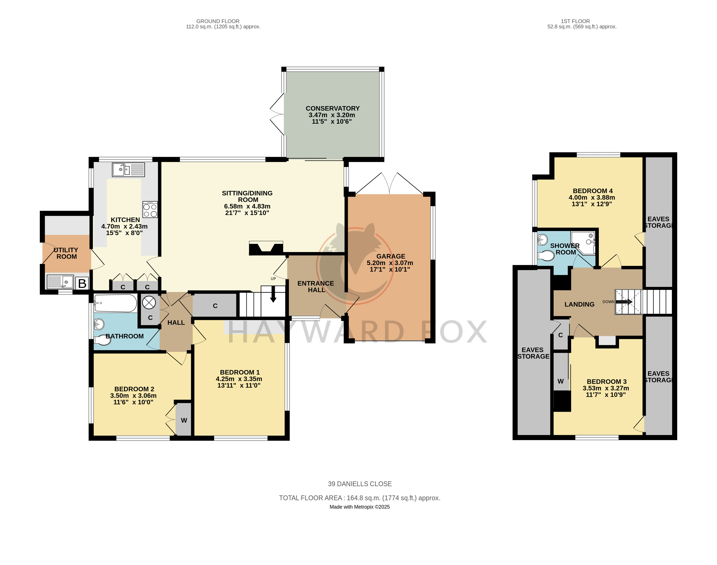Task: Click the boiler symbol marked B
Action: pyautogui.click(x=82, y=283)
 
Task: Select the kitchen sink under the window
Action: pyautogui.click(x=128, y=170)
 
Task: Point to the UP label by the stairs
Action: pyautogui.click(x=273, y=279)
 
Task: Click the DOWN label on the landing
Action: pyautogui.click(x=608, y=302)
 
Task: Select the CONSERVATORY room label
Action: pyautogui.click(x=333, y=109)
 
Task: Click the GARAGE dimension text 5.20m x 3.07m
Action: pyautogui.click(x=390, y=263)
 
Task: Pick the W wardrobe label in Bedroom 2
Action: pyautogui.click(x=184, y=420)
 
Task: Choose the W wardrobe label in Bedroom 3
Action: pyautogui.click(x=561, y=381)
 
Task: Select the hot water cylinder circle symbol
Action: pyautogui.click(x=149, y=303)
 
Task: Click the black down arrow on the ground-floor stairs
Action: pyautogui.click(x=273, y=294)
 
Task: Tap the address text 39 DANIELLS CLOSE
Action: pyautogui.click(x=360, y=484)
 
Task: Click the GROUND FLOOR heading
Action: pyautogui.click(x=218, y=21)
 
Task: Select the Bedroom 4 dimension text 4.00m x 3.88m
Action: pyautogui.click(x=592, y=198)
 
